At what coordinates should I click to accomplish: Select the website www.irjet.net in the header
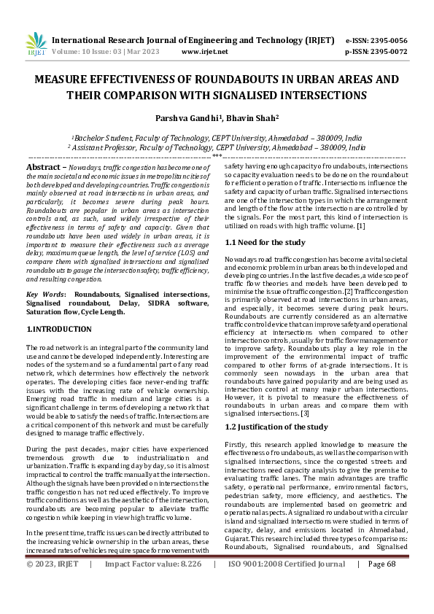click(x=204, y=53)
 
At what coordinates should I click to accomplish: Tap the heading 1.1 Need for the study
click(x=265, y=241)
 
